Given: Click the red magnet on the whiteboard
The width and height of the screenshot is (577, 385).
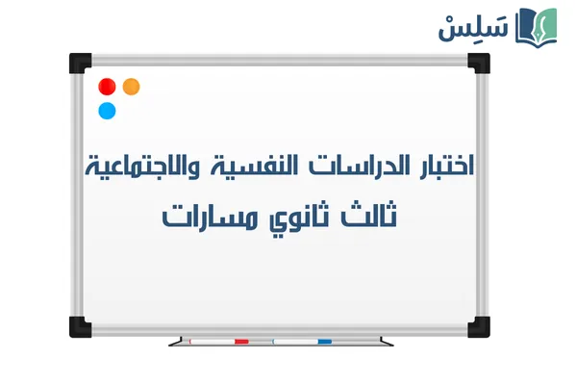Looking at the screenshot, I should tap(108, 87).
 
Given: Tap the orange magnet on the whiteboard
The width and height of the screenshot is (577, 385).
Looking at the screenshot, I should tap(132, 87).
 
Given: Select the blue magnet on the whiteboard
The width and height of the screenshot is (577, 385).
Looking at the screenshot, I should tap(108, 110).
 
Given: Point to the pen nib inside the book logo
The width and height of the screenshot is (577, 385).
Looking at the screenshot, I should tap(544, 23).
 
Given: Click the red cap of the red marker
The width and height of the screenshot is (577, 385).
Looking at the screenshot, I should tap(242, 341).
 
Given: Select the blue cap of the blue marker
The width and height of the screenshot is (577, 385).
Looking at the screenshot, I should tap(325, 341).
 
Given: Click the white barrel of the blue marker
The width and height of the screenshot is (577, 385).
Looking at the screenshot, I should tap(294, 341).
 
